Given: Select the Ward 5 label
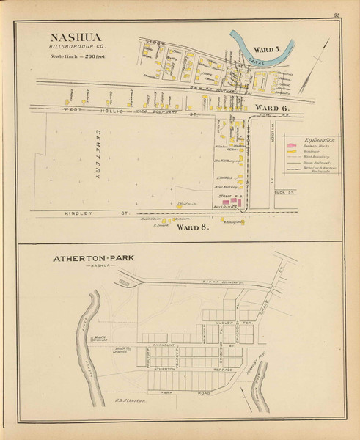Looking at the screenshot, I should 268,49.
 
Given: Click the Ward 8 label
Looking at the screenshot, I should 194,227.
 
